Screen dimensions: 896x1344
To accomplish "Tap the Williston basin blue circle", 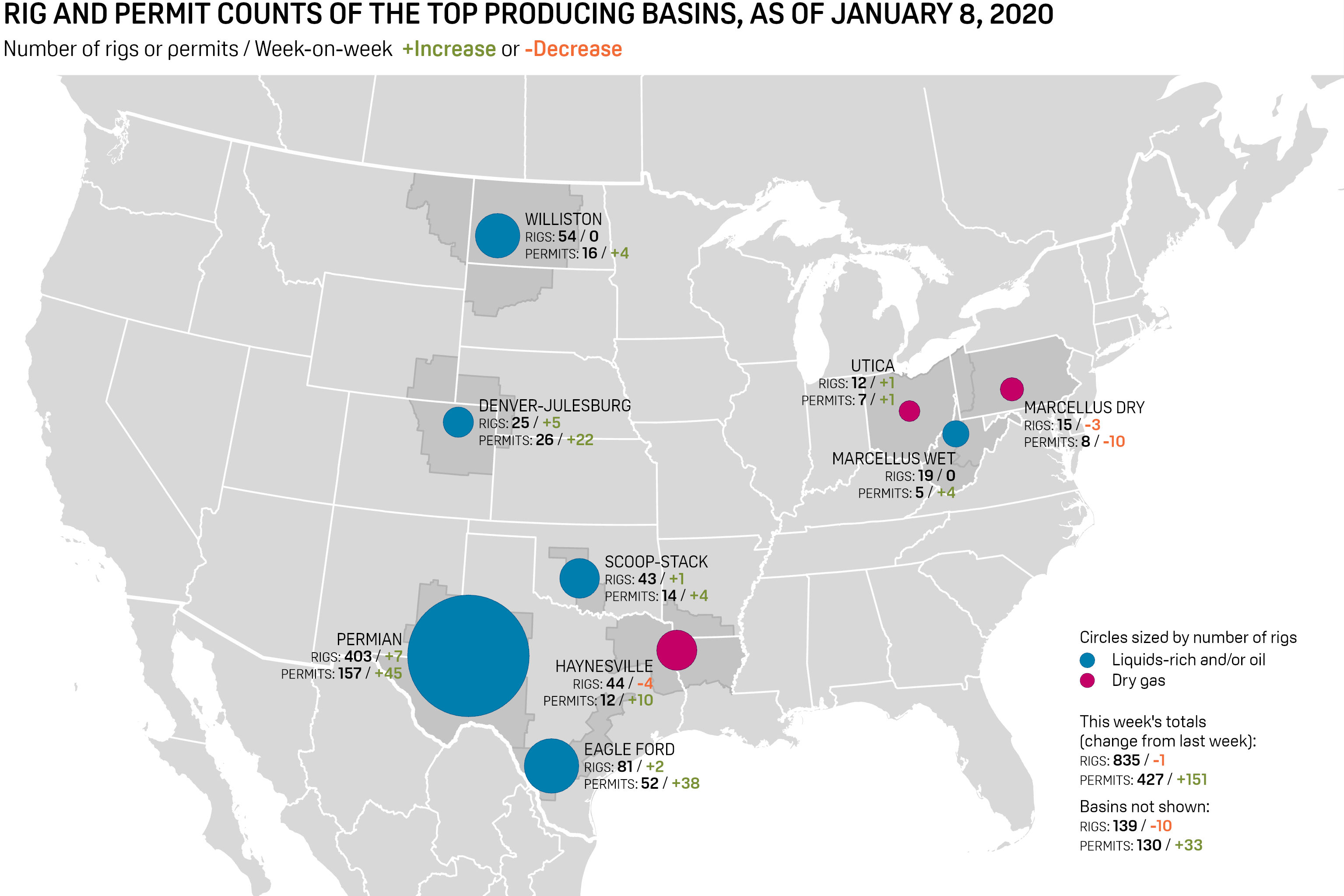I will click(497, 235).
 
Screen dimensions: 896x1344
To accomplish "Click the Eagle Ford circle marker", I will click(551, 766).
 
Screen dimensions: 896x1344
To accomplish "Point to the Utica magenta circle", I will click(909, 410).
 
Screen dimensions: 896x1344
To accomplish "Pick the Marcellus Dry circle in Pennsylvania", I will click(1011, 389).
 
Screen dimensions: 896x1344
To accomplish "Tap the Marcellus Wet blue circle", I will click(956, 434).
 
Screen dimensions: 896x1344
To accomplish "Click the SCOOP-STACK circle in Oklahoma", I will click(579, 578).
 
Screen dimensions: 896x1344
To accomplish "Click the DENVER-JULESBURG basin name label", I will click(554, 406).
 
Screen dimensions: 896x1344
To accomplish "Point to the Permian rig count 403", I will click(358, 656).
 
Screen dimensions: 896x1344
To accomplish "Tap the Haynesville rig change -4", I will click(645, 683).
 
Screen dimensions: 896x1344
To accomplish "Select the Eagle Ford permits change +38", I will click(685, 784).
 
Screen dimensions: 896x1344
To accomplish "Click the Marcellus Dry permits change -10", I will click(1114, 442).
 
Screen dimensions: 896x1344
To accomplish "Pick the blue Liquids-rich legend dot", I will click(1088, 661).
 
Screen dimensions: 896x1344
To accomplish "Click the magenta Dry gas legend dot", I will click(1088, 681).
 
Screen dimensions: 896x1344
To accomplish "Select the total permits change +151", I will click(1192, 780).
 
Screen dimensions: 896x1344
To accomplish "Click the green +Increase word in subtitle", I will click(449, 49).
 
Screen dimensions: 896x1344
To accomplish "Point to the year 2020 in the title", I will click(1021, 14).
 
